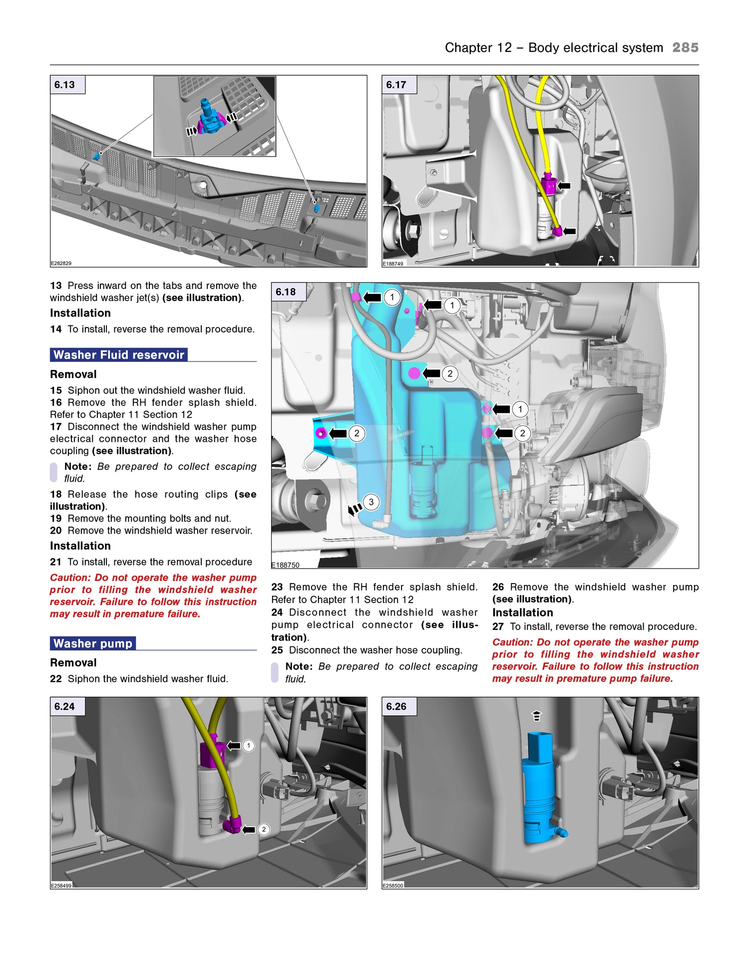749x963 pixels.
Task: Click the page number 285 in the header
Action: coord(685,47)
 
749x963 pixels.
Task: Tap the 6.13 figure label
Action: coord(65,85)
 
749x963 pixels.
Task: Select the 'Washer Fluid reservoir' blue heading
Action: coord(119,355)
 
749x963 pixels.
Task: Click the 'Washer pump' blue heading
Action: coord(93,643)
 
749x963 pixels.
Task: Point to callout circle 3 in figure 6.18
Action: coord(371,502)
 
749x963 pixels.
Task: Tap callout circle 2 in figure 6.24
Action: coord(264,829)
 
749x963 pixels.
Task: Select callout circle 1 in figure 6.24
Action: coord(248,746)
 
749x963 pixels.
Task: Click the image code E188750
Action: coord(286,565)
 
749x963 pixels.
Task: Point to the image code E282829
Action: coord(61,263)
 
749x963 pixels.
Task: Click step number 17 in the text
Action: coord(55,427)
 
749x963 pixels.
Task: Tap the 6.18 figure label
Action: coord(286,292)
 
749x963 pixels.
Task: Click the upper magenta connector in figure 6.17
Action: coord(549,185)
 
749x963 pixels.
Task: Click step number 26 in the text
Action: coord(498,587)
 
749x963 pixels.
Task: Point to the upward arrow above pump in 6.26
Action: coord(536,716)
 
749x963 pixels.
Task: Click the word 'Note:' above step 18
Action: coord(78,466)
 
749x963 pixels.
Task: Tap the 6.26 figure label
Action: coord(396,706)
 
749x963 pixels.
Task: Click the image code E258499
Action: coord(61,886)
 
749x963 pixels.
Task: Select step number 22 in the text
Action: coord(55,679)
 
